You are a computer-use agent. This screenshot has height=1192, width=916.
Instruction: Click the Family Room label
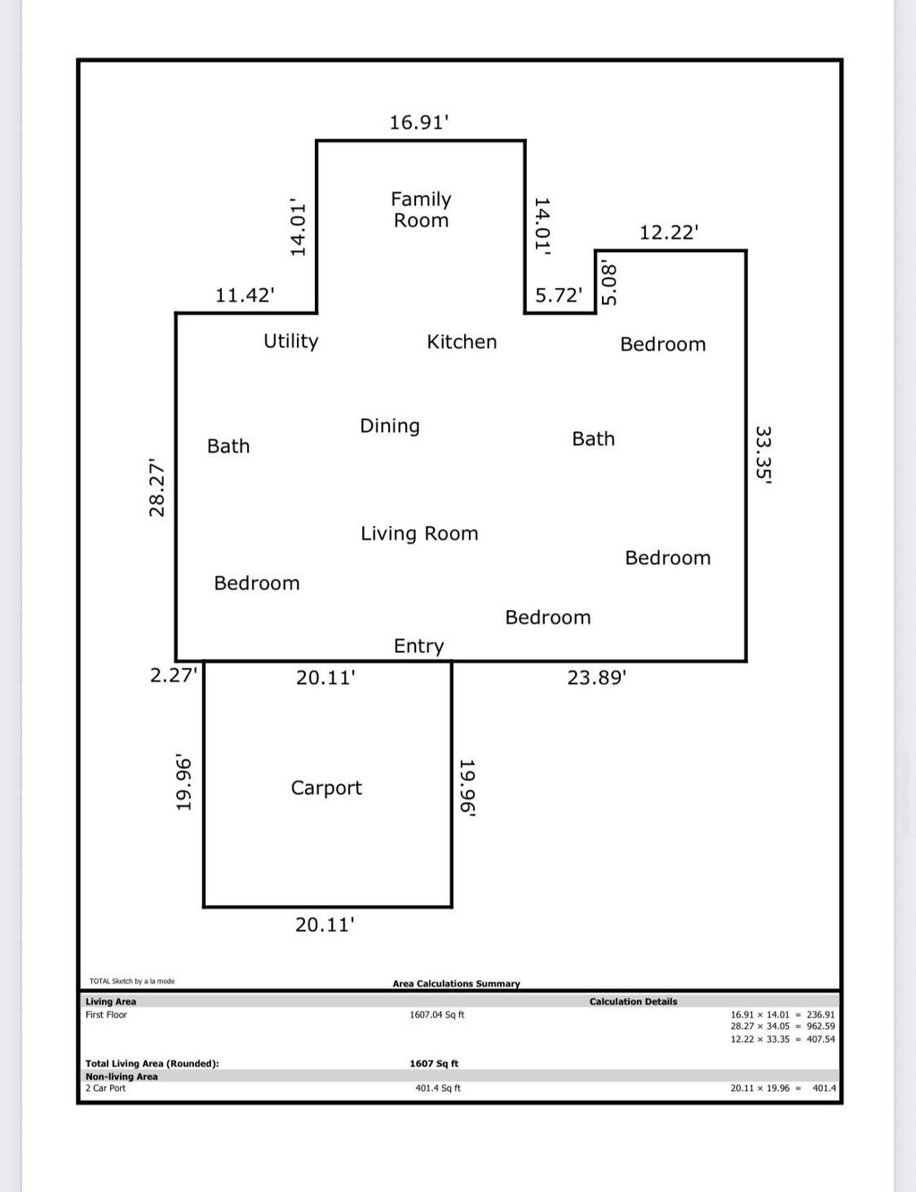pyautogui.click(x=420, y=210)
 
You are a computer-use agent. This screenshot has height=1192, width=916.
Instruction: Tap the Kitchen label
pyautogui.click(x=462, y=342)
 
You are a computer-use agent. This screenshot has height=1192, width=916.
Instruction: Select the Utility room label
pyautogui.click(x=291, y=341)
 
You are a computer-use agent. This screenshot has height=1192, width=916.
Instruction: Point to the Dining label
pyautogui.click(x=389, y=426)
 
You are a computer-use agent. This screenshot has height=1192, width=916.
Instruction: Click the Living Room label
pyautogui.click(x=419, y=534)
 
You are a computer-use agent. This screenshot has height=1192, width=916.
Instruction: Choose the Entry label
pyautogui.click(x=419, y=646)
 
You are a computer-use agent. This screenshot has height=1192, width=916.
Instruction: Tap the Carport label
pyautogui.click(x=327, y=788)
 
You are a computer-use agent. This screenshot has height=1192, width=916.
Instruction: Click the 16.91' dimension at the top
pyautogui.click(x=418, y=123)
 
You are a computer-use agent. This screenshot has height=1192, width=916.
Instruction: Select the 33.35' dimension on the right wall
pyautogui.click(x=763, y=454)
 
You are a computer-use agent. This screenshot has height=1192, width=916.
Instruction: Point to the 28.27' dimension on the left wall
pyautogui.click(x=157, y=487)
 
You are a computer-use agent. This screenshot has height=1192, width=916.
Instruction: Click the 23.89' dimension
pyautogui.click(x=597, y=678)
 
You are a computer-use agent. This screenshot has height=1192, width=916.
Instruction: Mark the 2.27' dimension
pyautogui.click(x=173, y=675)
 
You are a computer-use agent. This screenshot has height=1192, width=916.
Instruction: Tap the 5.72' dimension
pyautogui.click(x=558, y=295)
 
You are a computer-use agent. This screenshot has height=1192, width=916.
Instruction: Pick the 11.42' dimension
pyautogui.click(x=244, y=295)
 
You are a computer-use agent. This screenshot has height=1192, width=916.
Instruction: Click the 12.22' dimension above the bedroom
pyautogui.click(x=669, y=232)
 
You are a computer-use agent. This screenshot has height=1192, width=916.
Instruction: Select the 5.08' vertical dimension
pyautogui.click(x=609, y=283)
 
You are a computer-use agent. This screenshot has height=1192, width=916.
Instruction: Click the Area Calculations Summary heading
pyautogui.click(x=456, y=984)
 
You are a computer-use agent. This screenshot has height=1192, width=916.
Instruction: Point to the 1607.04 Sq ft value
pyautogui.click(x=437, y=1015)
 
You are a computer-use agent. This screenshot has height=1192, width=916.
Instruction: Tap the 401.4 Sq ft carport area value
pyautogui.click(x=437, y=1088)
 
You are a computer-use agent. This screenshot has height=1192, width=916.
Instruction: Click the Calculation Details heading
pyautogui.click(x=633, y=1002)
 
